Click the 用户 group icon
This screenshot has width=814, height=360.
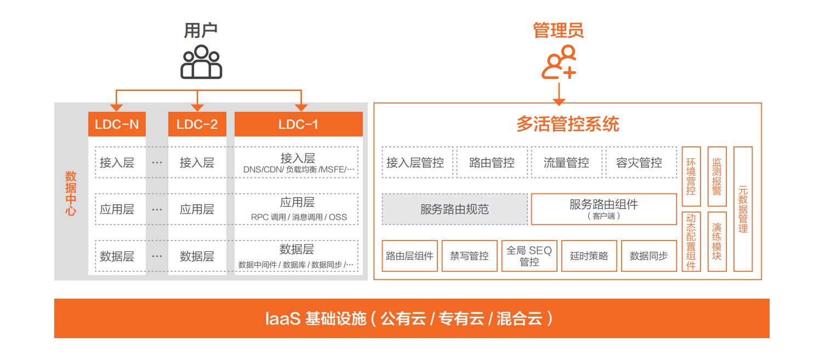click(x=201, y=62)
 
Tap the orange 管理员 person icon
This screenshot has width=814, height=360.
click(x=559, y=62)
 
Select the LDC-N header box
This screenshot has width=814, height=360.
click(x=117, y=124)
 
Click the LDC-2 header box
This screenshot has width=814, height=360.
click(x=197, y=124)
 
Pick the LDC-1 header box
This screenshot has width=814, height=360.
click(x=298, y=124)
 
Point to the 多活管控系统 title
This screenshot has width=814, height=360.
click(x=568, y=124)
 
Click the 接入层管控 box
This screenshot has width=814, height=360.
click(x=417, y=162)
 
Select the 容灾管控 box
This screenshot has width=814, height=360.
click(x=641, y=162)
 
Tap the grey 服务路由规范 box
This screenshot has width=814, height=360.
click(x=454, y=209)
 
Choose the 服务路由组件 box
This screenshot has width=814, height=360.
click(x=604, y=209)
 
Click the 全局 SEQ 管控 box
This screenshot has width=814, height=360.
click(x=529, y=256)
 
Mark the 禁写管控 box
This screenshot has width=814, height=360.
click(x=470, y=256)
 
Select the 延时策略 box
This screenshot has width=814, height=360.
click(x=589, y=256)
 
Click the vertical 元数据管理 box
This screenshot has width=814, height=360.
click(x=743, y=209)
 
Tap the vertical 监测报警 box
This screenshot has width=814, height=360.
click(x=717, y=176)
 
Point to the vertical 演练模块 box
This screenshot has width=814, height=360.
click(x=717, y=242)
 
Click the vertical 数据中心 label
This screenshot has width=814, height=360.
click(x=71, y=193)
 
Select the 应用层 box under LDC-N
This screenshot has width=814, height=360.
click(x=120, y=209)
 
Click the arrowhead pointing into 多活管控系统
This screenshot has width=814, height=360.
click(x=559, y=102)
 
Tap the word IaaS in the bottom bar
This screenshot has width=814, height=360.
click(x=283, y=318)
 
